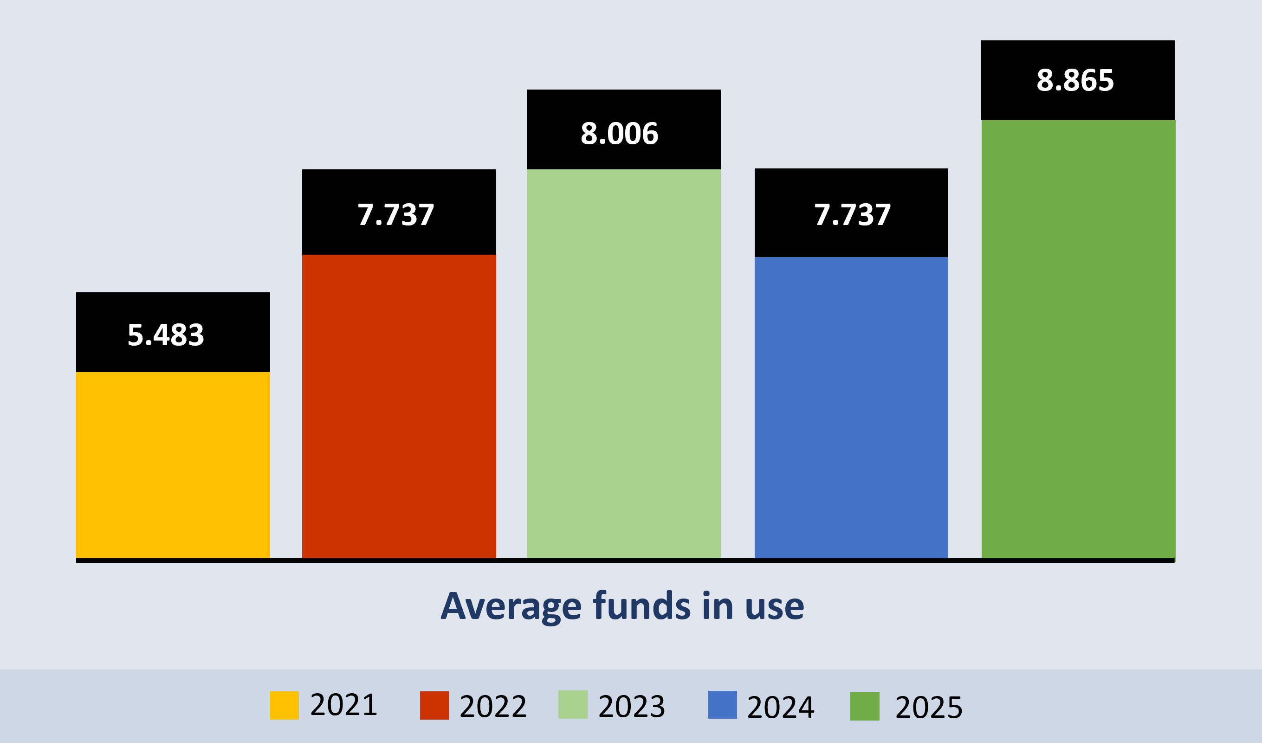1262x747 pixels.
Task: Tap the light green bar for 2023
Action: (x=624, y=363)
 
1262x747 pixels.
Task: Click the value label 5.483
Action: (x=166, y=335)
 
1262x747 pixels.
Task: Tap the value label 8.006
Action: (x=619, y=134)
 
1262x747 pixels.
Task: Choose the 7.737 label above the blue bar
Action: (x=852, y=215)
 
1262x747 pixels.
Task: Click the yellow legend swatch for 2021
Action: (x=284, y=705)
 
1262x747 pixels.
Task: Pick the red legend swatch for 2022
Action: (x=434, y=705)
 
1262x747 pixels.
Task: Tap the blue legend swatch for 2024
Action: (x=722, y=705)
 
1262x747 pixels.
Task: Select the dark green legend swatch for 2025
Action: (x=864, y=706)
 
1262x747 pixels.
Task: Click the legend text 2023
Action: (x=631, y=706)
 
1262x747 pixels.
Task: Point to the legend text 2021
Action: (x=343, y=705)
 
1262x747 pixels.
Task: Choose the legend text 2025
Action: (x=929, y=707)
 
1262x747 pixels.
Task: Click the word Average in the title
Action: (x=511, y=606)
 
